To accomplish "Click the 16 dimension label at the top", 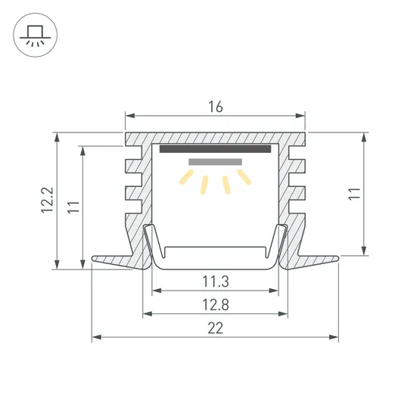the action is [216, 107].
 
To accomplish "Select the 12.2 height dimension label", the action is [48, 200].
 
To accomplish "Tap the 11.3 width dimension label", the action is [216, 282].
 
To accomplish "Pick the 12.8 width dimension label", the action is [216, 305].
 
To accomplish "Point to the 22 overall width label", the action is [216, 328].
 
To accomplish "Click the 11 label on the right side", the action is [355, 194].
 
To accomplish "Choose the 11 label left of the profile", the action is [73, 207].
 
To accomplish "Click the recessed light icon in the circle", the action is [35, 35].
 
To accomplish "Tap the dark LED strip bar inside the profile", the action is [215, 148].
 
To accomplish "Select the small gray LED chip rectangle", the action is [216, 162].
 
